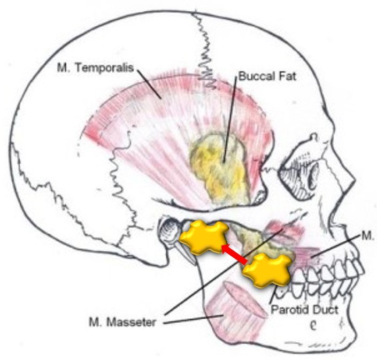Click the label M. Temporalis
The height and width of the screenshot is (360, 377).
click(95, 67)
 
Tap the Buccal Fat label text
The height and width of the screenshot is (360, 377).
click(267, 76)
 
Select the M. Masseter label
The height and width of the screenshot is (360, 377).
click(122, 322)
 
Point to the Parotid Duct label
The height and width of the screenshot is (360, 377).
click(305, 310)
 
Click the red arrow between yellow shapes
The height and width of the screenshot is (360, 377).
click(234, 253)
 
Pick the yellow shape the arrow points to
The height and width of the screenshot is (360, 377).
click(204, 236)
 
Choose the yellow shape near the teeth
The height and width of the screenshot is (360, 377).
click(266, 270)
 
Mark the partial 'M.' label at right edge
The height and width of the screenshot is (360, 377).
click(368, 236)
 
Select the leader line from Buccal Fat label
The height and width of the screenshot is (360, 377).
click(230, 119)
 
